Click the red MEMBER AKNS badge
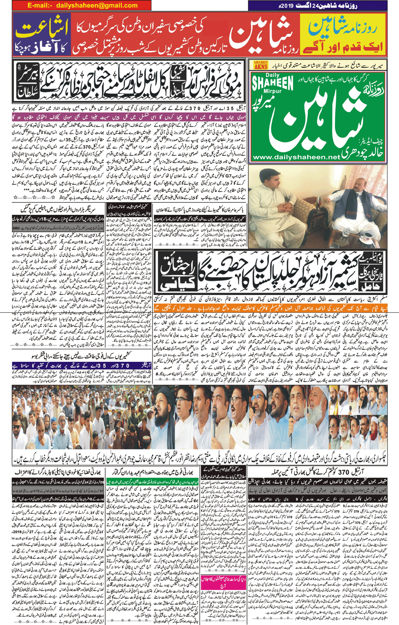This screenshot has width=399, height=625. pyautogui.click(x=261, y=65)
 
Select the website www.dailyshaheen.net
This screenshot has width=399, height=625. pyautogui.click(x=296, y=157)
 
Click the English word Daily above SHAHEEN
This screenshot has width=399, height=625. pyautogui.click(x=273, y=75)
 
